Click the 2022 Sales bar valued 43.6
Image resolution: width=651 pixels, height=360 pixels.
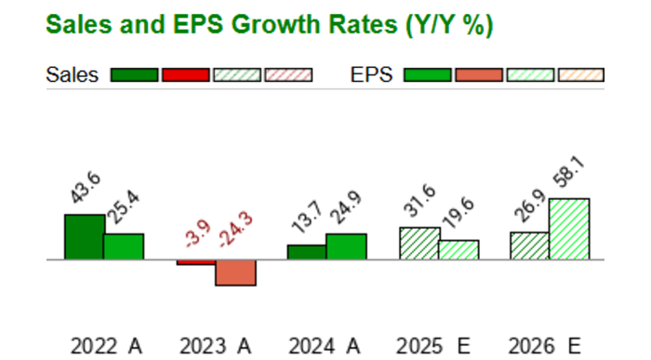(x=84, y=237)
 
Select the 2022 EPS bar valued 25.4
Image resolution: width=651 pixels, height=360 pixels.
(x=123, y=247)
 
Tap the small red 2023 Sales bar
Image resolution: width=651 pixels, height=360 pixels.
(x=195, y=262)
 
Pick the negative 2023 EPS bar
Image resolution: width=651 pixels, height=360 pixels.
(x=234, y=273)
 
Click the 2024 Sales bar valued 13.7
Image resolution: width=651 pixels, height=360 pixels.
(x=306, y=252)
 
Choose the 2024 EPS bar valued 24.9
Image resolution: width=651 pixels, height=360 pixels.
(x=346, y=247)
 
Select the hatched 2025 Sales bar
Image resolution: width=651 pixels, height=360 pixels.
(x=418, y=244)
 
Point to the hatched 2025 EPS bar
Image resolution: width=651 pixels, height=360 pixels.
(x=458, y=250)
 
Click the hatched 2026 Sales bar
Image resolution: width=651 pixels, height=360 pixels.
(x=529, y=246)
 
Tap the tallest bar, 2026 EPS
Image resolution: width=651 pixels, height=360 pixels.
(x=568, y=229)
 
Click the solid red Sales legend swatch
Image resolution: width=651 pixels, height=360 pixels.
(x=185, y=75)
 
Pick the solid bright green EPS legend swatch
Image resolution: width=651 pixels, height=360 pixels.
(x=429, y=75)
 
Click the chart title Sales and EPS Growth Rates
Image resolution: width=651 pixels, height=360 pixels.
(x=269, y=25)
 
